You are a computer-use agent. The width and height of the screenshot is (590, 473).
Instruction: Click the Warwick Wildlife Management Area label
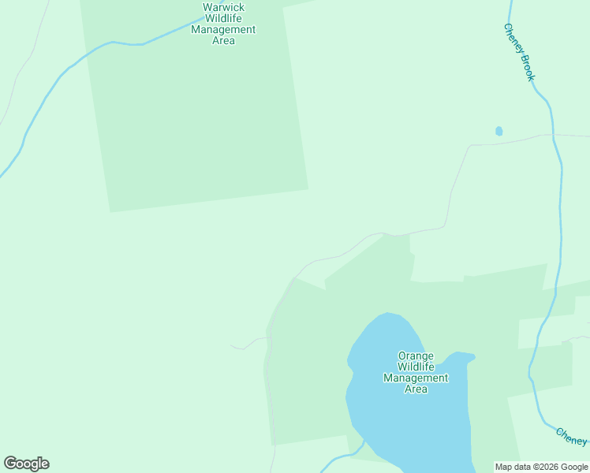(x=223, y=24)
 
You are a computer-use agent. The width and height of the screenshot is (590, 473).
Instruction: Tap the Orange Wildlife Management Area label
(x=416, y=372)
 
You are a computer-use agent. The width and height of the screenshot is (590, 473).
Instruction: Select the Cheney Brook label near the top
(x=519, y=52)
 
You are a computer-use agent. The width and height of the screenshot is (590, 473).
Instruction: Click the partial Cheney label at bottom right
(x=572, y=436)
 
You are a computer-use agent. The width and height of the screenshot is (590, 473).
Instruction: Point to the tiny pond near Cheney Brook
(x=499, y=131)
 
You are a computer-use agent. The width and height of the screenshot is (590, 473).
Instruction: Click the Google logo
(x=26, y=464)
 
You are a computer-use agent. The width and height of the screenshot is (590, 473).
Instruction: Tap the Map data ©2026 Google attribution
(x=541, y=467)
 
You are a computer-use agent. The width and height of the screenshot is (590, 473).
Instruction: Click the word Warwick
(x=223, y=7)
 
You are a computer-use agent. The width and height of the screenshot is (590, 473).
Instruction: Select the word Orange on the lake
(x=416, y=356)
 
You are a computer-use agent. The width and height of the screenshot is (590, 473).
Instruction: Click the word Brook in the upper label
(x=528, y=69)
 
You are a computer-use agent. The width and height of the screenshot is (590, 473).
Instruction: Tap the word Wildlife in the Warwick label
(x=223, y=18)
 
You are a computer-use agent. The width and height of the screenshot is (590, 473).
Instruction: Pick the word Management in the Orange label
(x=416, y=378)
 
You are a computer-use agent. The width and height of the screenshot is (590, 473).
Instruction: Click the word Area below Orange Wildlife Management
(x=416, y=389)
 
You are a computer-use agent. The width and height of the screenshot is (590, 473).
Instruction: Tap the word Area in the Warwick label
(x=223, y=40)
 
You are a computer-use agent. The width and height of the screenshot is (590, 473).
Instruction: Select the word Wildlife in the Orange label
(x=416, y=367)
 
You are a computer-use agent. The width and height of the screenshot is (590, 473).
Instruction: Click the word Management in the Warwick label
(x=223, y=29)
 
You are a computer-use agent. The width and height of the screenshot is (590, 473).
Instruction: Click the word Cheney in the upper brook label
(x=512, y=38)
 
